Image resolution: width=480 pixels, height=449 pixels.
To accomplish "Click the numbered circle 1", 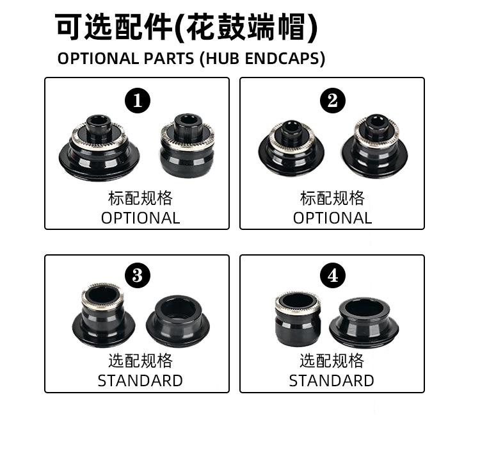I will pos(138,101).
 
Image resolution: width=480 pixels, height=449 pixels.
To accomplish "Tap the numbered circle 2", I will pos(332,101).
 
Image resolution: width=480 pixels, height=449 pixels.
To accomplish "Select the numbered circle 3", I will pos(137,276).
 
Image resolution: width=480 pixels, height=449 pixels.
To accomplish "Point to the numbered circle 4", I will pos(332,276).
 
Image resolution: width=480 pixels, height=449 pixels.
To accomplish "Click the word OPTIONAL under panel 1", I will pos(141,218).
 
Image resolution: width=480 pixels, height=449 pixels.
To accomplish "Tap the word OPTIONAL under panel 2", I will pos(332,218).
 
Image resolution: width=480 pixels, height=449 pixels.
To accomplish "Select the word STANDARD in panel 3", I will pos(140,380).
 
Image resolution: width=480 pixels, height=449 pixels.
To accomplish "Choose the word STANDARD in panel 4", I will pos(332,380).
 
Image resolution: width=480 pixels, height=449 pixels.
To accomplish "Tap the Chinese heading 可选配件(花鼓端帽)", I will pos(186,28).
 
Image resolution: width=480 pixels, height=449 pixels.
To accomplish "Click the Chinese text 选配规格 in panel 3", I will pos(140,361).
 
